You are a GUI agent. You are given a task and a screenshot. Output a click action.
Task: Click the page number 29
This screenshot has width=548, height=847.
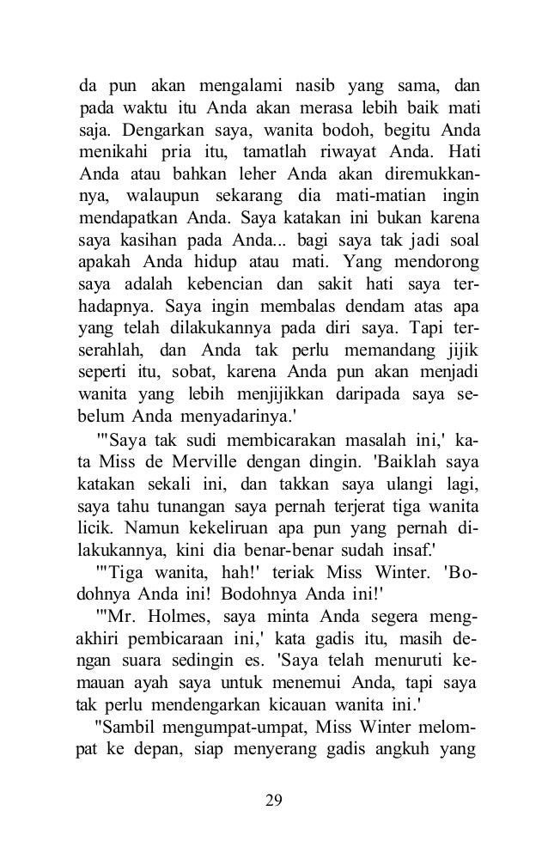point(274,801)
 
